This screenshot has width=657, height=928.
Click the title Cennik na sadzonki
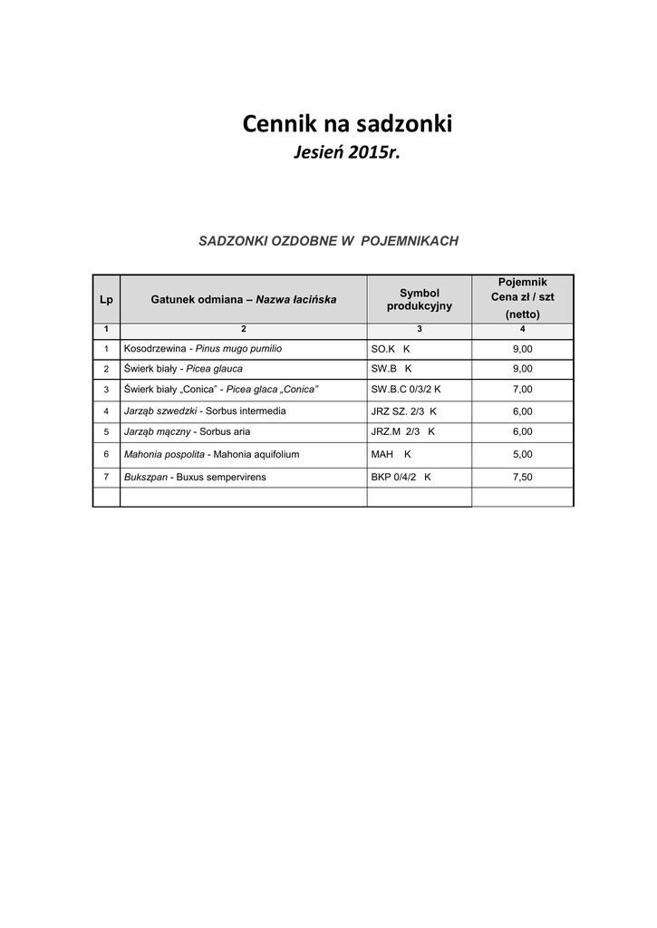pos(347,124)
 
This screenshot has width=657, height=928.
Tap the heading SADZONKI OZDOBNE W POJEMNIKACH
pos(329,241)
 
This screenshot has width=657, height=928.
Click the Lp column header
pos(106,299)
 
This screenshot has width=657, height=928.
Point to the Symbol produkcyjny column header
pos(419,299)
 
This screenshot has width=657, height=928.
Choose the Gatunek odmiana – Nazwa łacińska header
pos(243,299)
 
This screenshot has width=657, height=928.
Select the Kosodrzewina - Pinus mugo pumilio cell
pos(209,348)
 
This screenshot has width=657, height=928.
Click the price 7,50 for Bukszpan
pos(522,477)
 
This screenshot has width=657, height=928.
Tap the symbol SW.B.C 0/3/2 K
pos(406,390)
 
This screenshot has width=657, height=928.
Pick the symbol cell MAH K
pos(391,454)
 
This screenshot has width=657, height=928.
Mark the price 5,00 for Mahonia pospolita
pos(522,454)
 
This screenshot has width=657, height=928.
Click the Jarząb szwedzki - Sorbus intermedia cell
pos(205,411)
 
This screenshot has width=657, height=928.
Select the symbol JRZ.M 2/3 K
pos(403,432)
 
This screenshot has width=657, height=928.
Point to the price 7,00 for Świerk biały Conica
pos(522,390)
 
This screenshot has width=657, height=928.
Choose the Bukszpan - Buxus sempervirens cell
pos(195,477)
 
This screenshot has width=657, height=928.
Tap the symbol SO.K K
pos(391,348)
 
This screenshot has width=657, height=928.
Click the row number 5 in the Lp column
pos(106,432)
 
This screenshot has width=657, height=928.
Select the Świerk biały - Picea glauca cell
pos(183,369)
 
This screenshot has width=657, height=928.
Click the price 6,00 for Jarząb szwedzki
pos(522,411)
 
